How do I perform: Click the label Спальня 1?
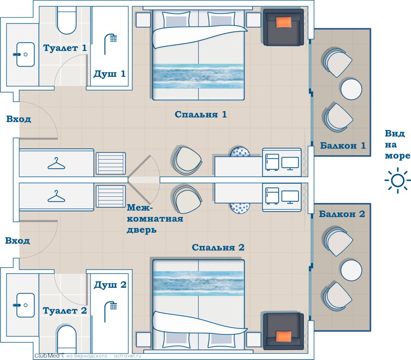tap(201, 114)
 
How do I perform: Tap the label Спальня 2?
tap(218, 247)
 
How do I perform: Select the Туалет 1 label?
tap(65, 48)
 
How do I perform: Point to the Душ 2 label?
tap(110, 285)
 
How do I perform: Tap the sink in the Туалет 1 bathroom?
tap(25, 54)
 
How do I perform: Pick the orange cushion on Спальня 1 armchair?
tap(284, 22)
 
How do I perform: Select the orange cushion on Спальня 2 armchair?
tap(284, 336)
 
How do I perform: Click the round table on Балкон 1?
tap(351, 89)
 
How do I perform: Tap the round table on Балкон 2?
tap(351, 270)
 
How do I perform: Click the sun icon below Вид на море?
tap(397, 181)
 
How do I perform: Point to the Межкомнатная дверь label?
tap(155, 219)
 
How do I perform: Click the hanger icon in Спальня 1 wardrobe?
tap(56, 163)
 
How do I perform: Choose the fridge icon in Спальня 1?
tap(272, 162)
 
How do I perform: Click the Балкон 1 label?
tap(343, 146)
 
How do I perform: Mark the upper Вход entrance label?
tap(19, 119)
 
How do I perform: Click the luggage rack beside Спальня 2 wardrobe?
tap(111, 197)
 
